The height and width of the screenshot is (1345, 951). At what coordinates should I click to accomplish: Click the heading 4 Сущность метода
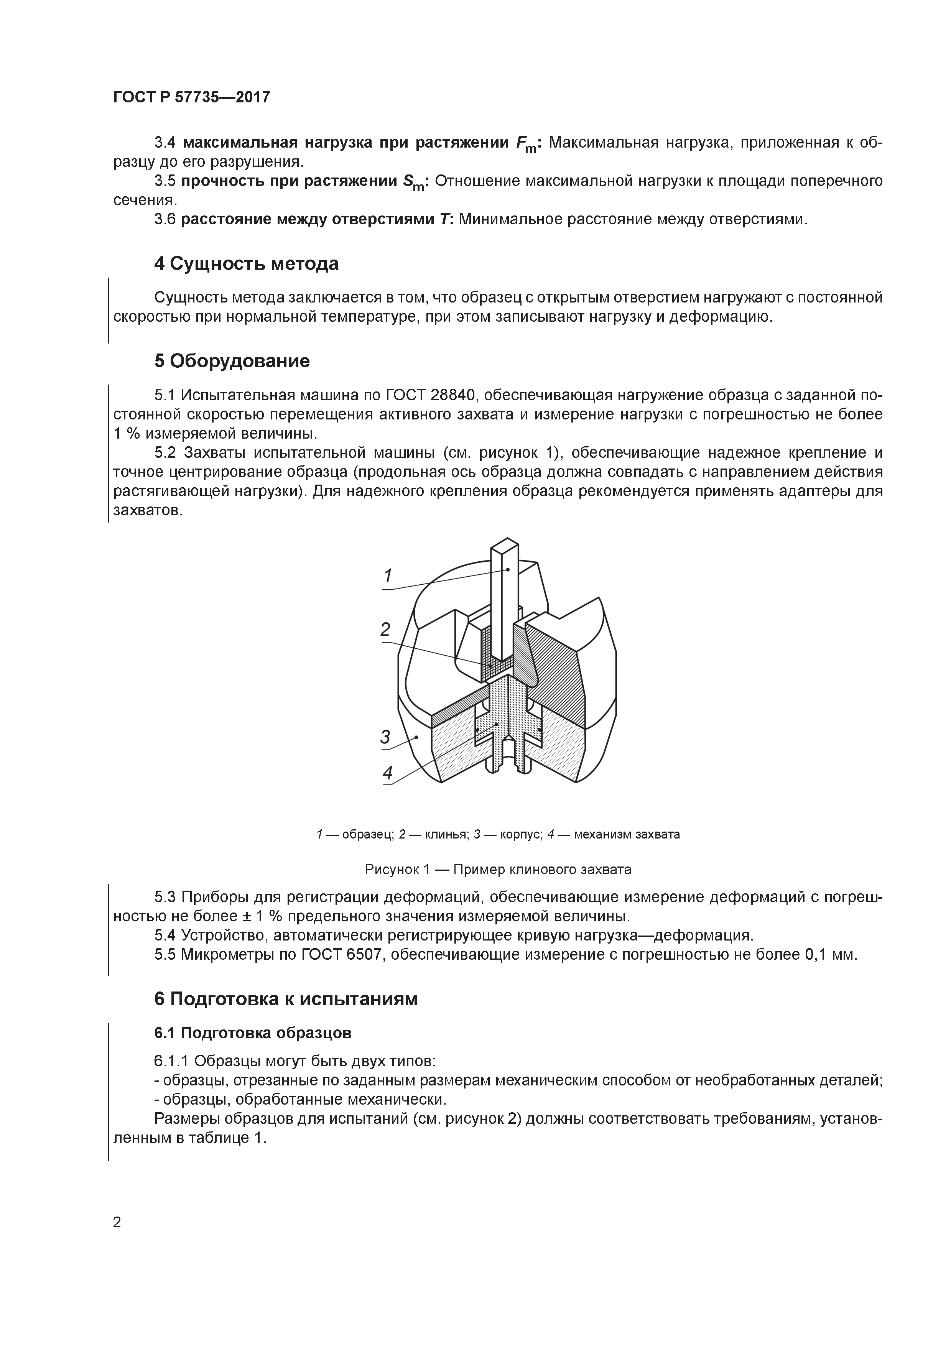coord(246,264)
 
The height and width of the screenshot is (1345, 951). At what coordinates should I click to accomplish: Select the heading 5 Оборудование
coord(232,361)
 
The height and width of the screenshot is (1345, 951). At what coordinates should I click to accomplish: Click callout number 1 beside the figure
coord(387,576)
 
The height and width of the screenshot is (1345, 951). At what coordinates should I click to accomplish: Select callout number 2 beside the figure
coord(385,630)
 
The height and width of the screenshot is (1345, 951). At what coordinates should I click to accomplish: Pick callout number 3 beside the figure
coord(385,737)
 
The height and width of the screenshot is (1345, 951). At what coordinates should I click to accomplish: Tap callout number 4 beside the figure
coord(387,773)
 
